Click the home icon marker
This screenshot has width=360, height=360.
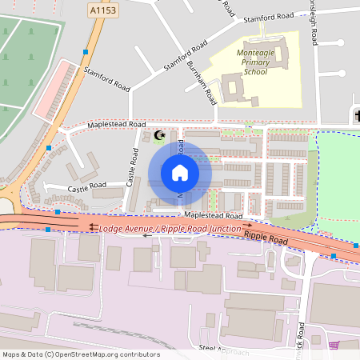[180, 173]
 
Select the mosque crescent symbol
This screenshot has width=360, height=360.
[158, 134]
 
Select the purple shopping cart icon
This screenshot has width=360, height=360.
[334, 345]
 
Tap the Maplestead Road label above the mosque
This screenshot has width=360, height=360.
[117, 125]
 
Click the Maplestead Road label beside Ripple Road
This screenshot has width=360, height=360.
[213, 216]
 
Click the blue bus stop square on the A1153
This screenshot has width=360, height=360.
[86, 52]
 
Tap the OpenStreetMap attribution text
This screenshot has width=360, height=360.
[81, 354]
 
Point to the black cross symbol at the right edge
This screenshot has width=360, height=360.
[357, 117]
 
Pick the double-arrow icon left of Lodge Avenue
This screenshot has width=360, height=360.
[94, 227]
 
